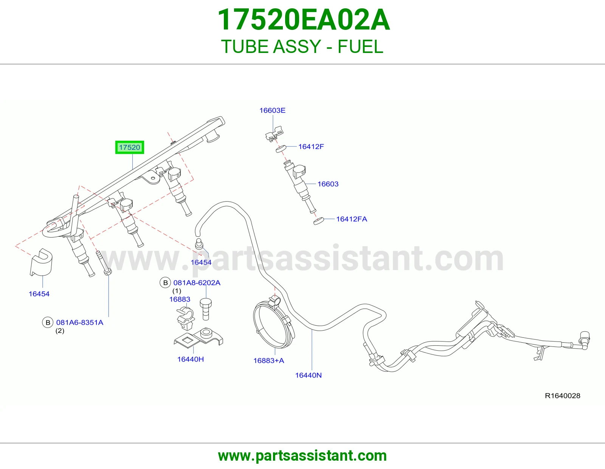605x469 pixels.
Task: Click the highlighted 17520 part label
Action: click(129, 147)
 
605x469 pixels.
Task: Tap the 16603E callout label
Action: click(272, 110)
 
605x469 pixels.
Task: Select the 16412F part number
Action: click(311, 146)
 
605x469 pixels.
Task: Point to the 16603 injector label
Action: click(328, 184)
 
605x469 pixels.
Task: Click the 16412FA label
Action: click(352, 219)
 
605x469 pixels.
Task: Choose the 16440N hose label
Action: click(308, 375)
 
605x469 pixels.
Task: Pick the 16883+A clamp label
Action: click(269, 360)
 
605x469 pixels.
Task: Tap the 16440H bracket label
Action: click(191, 359)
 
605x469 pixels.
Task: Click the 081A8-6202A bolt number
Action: click(197, 283)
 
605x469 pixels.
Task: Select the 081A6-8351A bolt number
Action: click(80, 322)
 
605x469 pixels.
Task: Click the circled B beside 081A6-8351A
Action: click(48, 322)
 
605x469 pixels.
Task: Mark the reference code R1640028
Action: click(562, 396)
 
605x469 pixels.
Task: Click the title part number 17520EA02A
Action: click(303, 20)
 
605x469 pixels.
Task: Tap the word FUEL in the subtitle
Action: click(360, 46)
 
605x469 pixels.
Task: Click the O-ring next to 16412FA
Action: click(319, 221)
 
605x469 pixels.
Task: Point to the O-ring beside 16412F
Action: click(281, 149)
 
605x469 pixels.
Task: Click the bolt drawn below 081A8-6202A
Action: click(206, 309)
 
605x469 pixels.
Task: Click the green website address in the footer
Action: click(302, 456)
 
